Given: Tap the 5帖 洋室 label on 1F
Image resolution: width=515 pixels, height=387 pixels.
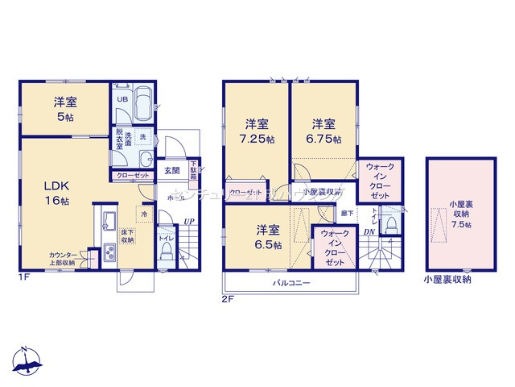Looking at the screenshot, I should coord(65,109).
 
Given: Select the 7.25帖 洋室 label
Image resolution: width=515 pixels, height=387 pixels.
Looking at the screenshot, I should coord(257,131).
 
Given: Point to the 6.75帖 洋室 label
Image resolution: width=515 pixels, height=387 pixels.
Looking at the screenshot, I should coord(323,131).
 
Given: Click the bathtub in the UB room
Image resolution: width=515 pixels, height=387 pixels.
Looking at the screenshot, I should coord(143,103).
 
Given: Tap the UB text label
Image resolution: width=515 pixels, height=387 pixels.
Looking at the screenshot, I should coord(122,99).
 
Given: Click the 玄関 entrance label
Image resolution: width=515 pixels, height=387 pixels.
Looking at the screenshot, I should coord(172,170).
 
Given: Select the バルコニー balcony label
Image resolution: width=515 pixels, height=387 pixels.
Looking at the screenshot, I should coord(290,284).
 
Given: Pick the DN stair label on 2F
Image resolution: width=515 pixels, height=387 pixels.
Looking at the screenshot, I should coord(369,233).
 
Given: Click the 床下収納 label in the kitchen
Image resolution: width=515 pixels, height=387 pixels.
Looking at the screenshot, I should coord(129,235).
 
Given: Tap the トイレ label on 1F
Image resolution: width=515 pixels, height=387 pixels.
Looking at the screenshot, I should coord(165,239).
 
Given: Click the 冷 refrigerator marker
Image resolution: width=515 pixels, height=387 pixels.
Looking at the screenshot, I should coord(144,214).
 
